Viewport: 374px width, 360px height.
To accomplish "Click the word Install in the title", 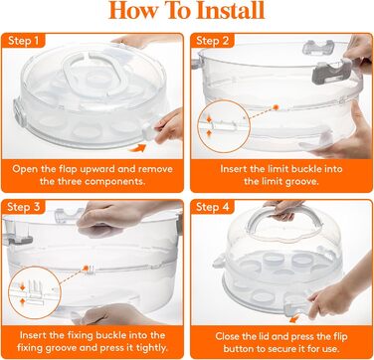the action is pyautogui.click(x=231, y=11).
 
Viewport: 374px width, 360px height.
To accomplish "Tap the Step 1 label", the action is pyautogui.click(x=23, y=41).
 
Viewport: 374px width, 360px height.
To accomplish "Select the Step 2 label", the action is pyautogui.click(x=212, y=41).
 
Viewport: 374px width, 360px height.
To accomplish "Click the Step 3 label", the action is pyautogui.click(x=23, y=207).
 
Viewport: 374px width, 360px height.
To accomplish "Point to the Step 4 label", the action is pyautogui.click(x=212, y=207).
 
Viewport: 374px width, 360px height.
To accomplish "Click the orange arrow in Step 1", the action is pyautogui.click(x=137, y=148).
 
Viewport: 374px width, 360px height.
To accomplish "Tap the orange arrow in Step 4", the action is pyautogui.click(x=293, y=319).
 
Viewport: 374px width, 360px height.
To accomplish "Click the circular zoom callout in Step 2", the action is pyautogui.click(x=224, y=126).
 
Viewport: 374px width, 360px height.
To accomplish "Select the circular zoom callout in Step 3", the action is pyautogui.click(x=35, y=292).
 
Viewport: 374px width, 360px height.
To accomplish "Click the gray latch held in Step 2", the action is pyautogui.click(x=331, y=72).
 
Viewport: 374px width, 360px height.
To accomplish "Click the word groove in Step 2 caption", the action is pyautogui.click(x=302, y=181).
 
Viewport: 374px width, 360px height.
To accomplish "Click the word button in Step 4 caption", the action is pyautogui.click(x=242, y=349).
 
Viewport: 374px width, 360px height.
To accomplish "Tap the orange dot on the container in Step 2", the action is pyautogui.click(x=276, y=107).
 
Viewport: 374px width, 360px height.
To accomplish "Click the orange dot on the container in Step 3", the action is pyautogui.click(x=86, y=268).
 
